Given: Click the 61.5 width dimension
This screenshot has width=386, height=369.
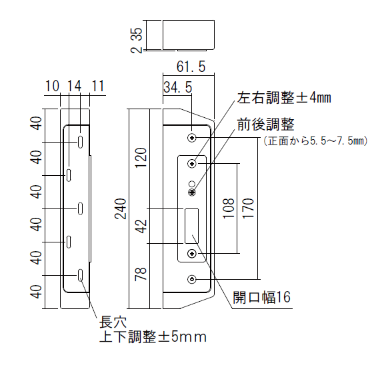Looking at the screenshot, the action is (191, 67).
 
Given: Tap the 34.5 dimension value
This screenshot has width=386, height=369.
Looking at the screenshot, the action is (177, 87).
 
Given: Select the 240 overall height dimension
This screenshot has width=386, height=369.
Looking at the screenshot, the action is (121, 208).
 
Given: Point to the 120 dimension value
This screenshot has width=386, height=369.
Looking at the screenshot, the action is (141, 157).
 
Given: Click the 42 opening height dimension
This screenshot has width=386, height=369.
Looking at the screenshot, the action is (141, 226).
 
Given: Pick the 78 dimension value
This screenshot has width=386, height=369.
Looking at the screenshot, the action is (141, 274).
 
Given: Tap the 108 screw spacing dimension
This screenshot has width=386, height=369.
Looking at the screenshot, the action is (229, 208).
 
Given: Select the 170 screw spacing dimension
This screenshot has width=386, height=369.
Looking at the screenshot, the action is (248, 208).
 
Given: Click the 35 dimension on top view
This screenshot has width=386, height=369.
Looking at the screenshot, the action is (137, 34).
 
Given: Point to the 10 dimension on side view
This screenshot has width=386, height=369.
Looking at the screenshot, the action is (53, 86).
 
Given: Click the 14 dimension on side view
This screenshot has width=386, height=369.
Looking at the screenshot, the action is (74, 86).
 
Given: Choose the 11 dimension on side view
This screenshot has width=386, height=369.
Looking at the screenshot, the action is (98, 86).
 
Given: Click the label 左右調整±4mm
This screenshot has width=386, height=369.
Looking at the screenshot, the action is (284, 98).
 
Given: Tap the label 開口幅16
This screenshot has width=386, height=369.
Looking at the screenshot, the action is (262, 297).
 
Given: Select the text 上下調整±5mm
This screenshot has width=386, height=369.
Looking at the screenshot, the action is (153, 336).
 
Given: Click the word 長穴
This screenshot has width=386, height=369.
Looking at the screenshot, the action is (113, 322).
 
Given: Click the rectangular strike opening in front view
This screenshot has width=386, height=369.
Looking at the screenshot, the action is (191, 226).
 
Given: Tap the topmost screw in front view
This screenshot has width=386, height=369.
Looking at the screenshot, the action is (192, 138).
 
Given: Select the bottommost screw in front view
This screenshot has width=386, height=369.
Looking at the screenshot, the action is (192, 279).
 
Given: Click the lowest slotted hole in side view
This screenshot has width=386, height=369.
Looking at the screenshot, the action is (80, 275).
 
